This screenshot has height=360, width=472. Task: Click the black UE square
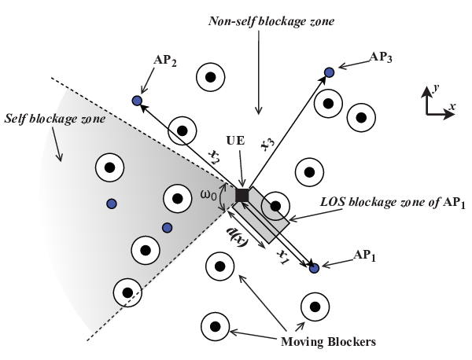[242, 196]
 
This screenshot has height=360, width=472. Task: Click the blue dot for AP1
[314, 268]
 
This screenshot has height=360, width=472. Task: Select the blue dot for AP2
[137, 101]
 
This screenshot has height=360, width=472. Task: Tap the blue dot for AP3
[329, 72]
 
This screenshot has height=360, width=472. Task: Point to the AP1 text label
[364, 256]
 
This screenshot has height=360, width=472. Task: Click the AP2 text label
[165, 61]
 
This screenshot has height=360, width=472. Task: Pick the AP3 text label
[381, 57]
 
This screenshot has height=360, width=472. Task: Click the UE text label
[236, 141]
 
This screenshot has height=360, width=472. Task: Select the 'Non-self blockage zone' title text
[271, 22]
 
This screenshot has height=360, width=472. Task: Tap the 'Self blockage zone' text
[55, 119]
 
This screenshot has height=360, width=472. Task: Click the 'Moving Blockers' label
[328, 342]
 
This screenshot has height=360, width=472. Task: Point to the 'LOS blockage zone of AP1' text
[393, 203]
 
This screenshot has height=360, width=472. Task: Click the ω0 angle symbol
[208, 196]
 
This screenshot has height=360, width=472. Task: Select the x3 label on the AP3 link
[268, 145]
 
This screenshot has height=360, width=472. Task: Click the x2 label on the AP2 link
[214, 157]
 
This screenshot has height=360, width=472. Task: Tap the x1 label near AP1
[282, 257]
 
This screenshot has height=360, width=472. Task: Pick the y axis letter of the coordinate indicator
[436, 88]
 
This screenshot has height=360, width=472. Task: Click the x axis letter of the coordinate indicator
[452, 106]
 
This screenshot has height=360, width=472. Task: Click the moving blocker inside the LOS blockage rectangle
[275, 206]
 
